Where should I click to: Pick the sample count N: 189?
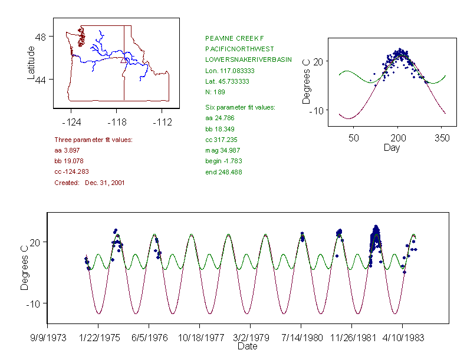[215, 92]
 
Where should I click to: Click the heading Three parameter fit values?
[93, 140]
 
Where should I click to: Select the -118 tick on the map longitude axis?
[116, 123]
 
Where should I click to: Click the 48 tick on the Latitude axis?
[41, 37]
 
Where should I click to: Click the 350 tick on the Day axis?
[442, 138]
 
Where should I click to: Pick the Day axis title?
[392, 147]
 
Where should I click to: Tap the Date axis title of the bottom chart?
[247, 346]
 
